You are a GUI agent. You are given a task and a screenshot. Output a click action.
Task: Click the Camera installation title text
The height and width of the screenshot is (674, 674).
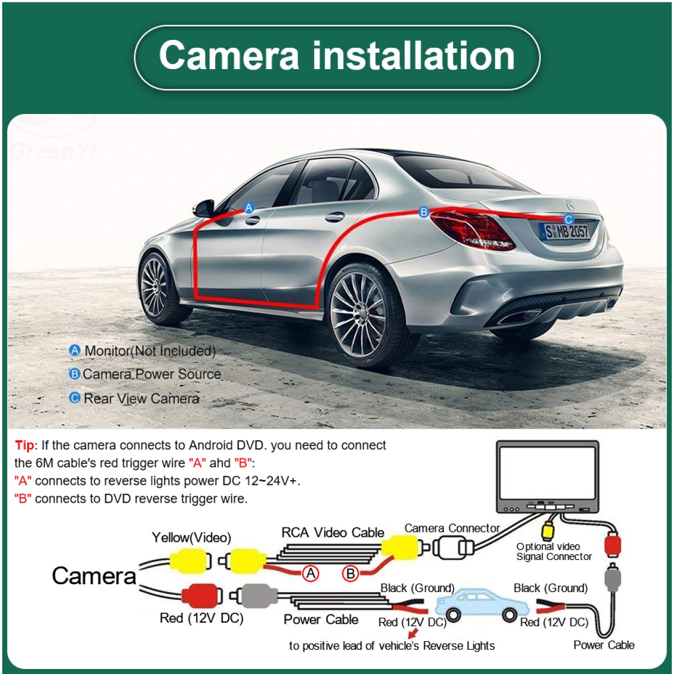337,56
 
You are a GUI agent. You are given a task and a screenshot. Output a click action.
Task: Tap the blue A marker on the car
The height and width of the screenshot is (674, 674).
249,208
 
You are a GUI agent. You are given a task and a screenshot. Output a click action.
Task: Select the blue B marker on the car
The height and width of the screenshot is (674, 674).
424,212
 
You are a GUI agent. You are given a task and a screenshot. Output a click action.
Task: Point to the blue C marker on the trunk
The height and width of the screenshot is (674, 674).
568,220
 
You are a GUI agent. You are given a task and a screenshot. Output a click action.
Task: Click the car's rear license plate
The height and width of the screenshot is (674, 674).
565,231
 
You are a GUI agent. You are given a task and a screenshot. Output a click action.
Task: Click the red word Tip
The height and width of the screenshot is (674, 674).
24,445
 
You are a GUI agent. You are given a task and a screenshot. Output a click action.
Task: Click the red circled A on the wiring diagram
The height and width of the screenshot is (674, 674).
311,573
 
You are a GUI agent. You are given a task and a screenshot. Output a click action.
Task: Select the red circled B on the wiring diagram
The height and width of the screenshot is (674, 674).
351,573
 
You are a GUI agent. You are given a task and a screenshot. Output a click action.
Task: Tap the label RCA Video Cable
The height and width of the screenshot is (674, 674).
333,532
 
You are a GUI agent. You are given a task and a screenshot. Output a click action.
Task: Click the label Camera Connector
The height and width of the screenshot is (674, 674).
452,529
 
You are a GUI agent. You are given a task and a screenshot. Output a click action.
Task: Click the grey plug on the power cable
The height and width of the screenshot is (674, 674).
256,596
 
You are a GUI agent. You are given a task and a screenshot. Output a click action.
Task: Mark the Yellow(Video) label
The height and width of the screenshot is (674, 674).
192,538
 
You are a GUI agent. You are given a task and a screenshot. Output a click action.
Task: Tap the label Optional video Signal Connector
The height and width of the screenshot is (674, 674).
554,552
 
